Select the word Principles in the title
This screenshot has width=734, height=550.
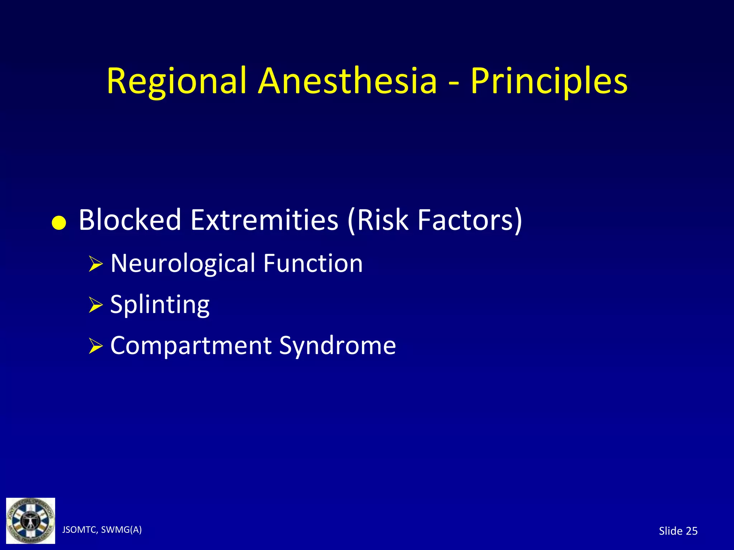(549, 82)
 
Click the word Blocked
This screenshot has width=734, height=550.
(130, 220)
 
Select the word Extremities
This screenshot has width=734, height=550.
(264, 220)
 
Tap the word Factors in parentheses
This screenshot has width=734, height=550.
(470, 220)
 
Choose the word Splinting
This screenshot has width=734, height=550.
(160, 305)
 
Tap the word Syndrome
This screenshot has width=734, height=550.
(337, 346)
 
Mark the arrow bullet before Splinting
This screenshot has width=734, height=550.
(96, 305)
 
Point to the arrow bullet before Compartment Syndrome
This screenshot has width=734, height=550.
(96, 347)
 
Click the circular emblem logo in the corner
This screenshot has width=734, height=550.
(30, 521)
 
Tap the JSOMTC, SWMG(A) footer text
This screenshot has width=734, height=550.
(102, 530)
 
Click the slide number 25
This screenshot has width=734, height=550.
(678, 531)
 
